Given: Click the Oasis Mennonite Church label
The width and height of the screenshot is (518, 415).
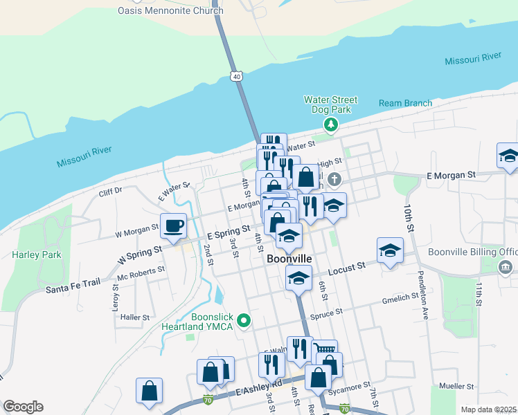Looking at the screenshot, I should [170, 11].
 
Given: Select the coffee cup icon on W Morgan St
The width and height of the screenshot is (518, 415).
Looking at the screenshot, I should [173, 225].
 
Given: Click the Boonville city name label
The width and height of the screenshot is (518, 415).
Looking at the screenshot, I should [289, 259].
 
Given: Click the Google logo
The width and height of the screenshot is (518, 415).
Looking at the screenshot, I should [23, 407].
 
